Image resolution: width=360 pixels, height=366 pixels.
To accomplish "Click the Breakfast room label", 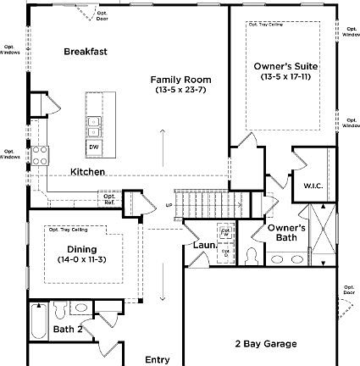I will pos(86,52).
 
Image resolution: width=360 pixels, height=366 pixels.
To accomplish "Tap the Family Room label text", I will pos(180,79).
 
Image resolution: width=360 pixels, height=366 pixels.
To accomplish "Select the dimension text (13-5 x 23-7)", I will pos(180,89).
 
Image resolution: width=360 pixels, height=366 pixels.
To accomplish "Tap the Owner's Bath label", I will pos(287,233).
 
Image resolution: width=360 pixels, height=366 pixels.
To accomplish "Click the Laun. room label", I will pos(204,245).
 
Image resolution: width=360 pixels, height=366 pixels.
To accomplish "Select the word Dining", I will pos(82,249).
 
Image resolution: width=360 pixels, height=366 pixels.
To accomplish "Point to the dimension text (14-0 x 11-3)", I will pos(82,259).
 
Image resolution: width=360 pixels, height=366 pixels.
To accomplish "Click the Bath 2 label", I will pos(68,329).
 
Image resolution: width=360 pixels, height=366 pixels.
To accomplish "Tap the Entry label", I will pos(157,359).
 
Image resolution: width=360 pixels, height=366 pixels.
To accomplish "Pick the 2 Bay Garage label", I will pos(266,343).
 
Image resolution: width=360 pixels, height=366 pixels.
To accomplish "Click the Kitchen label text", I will pos(87,172).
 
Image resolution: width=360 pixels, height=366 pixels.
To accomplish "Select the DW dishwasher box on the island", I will pos(93,147).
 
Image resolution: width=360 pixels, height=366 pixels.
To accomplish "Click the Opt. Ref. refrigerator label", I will pos(110,200).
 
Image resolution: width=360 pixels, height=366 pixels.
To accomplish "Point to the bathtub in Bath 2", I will pos(38,321).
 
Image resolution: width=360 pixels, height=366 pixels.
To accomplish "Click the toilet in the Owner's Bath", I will pos(252,254).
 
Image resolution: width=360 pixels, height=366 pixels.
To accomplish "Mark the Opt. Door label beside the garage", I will pos(349,290).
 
